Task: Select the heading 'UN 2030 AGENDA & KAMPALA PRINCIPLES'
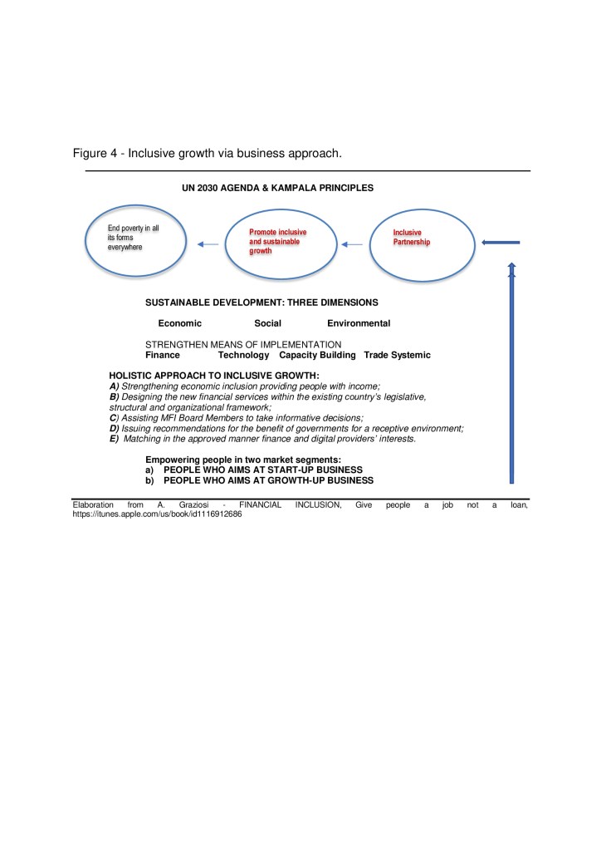pos(277,188)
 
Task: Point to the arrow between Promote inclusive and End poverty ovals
pos(208,244)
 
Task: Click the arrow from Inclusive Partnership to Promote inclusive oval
pos(353,244)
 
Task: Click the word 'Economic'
pos(180,323)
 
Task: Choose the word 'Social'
pos(267,323)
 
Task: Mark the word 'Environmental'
pos(359,323)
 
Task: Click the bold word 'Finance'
pos(163,355)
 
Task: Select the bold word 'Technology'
pos(244,355)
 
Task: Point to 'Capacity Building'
pos(317,355)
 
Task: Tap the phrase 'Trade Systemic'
pos(397,355)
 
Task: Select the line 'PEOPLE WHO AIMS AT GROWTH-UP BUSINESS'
pos(268,480)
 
